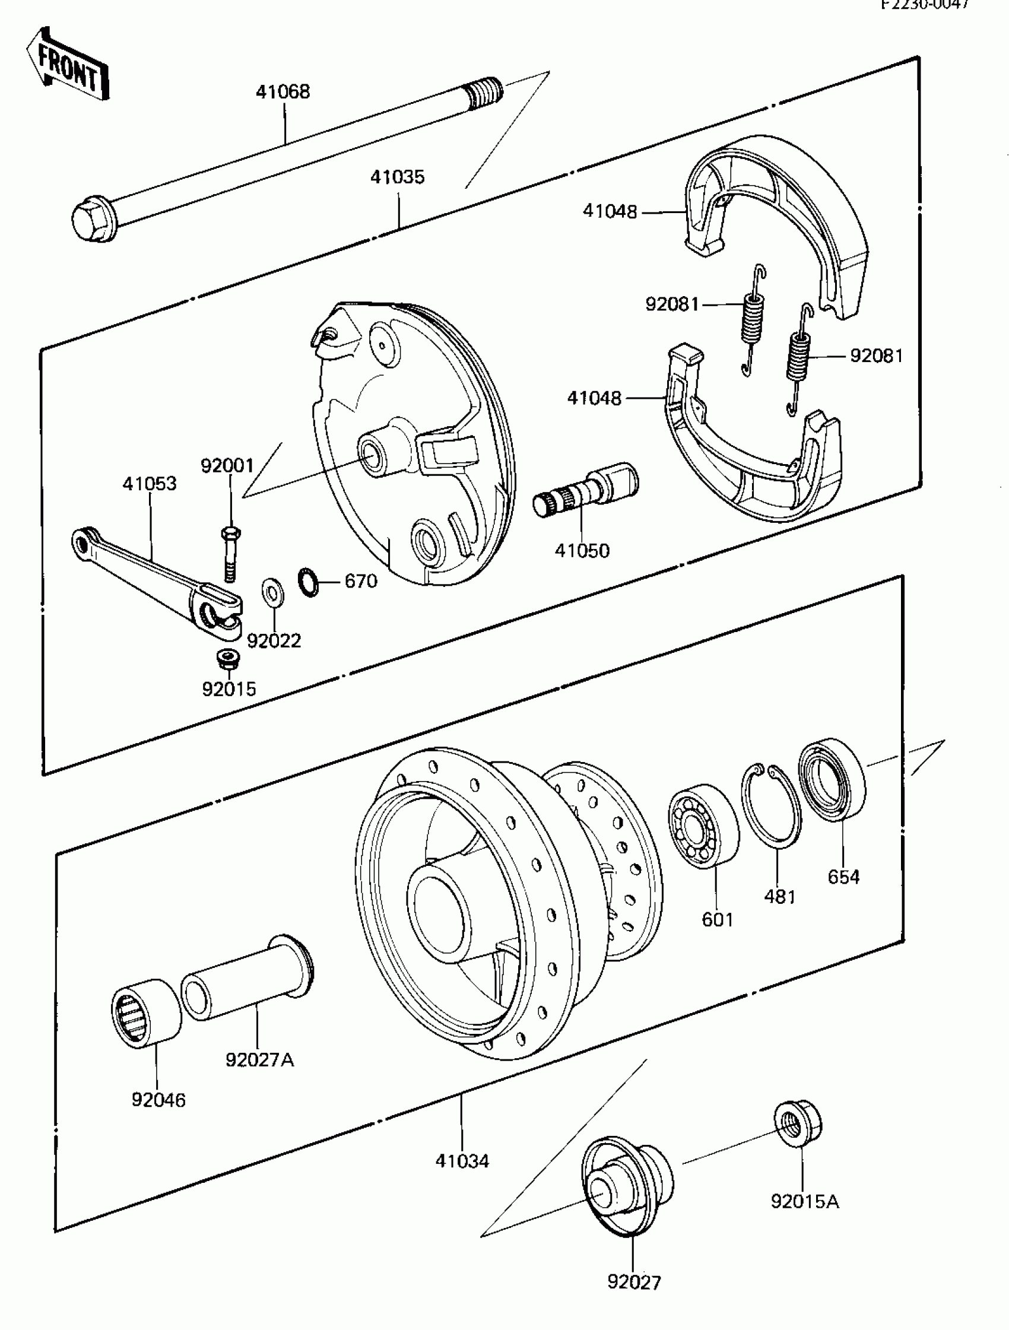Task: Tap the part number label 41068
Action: (x=283, y=92)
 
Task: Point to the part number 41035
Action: (x=397, y=177)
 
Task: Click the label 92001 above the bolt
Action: (x=227, y=465)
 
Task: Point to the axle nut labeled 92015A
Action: (x=797, y=1125)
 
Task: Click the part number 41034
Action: (x=462, y=1160)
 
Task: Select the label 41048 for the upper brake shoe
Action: (x=609, y=212)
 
